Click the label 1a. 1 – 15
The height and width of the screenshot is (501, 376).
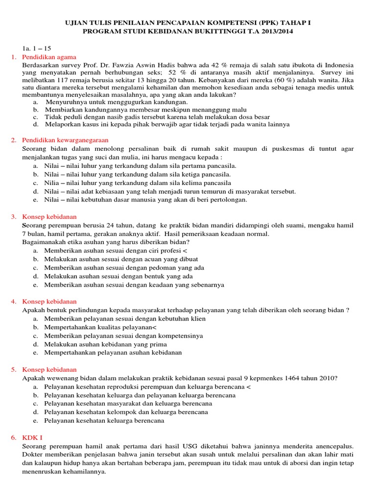coord(37,49)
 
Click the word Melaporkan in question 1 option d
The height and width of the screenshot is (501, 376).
coord(63,124)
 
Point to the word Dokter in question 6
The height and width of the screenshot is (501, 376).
coord(33,455)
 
